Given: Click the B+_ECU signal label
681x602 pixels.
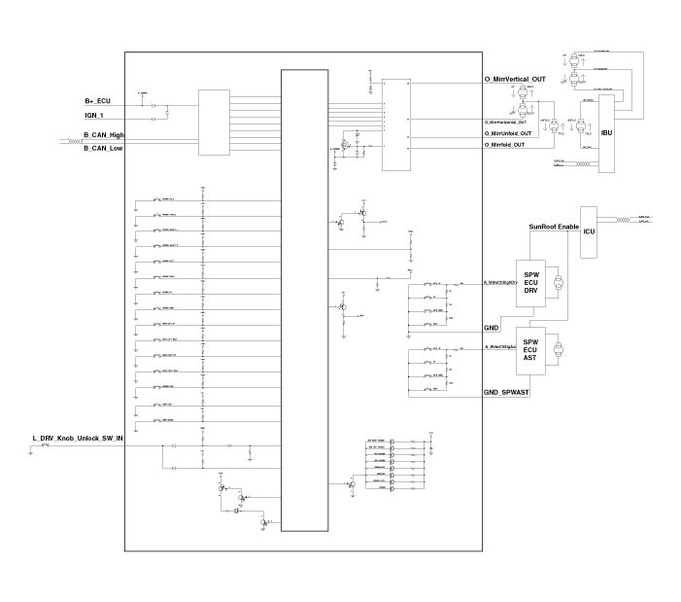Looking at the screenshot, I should (x=98, y=101).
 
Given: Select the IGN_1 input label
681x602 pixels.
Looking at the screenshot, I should (x=94, y=115).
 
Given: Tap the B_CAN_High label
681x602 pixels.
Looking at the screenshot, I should (x=104, y=134).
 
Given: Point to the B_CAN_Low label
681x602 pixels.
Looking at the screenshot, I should (x=103, y=148).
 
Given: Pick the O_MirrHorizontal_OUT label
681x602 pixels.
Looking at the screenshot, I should (x=505, y=122).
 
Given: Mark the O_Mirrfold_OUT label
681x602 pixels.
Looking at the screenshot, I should (x=504, y=144).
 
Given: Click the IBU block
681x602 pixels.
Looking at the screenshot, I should (x=607, y=133).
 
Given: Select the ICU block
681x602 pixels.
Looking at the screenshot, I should (x=589, y=231).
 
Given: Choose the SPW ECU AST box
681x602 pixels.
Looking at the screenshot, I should (x=530, y=350).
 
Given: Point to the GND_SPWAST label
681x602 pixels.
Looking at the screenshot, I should (x=505, y=391).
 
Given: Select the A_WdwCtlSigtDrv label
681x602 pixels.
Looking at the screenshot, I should (x=498, y=283).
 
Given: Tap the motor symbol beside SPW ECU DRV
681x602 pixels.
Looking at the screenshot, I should (x=557, y=284).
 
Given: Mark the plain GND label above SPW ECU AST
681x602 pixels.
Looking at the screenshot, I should (x=491, y=329).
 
